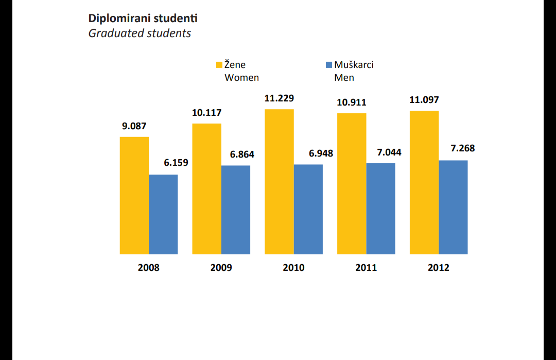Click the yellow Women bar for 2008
134,195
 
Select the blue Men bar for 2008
163,214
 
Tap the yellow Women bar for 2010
279,181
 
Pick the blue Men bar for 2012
453,207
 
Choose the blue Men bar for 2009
236,210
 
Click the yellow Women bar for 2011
352,183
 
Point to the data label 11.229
279,98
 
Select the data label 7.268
463,148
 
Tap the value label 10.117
207,113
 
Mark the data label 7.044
389,152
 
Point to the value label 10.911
352,102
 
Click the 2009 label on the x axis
221,268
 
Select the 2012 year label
439,268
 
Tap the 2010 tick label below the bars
293,268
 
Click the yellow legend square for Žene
219,65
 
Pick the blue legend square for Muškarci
329,65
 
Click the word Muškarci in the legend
354,65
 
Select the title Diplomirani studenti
143,18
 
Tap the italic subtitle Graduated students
140,33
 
